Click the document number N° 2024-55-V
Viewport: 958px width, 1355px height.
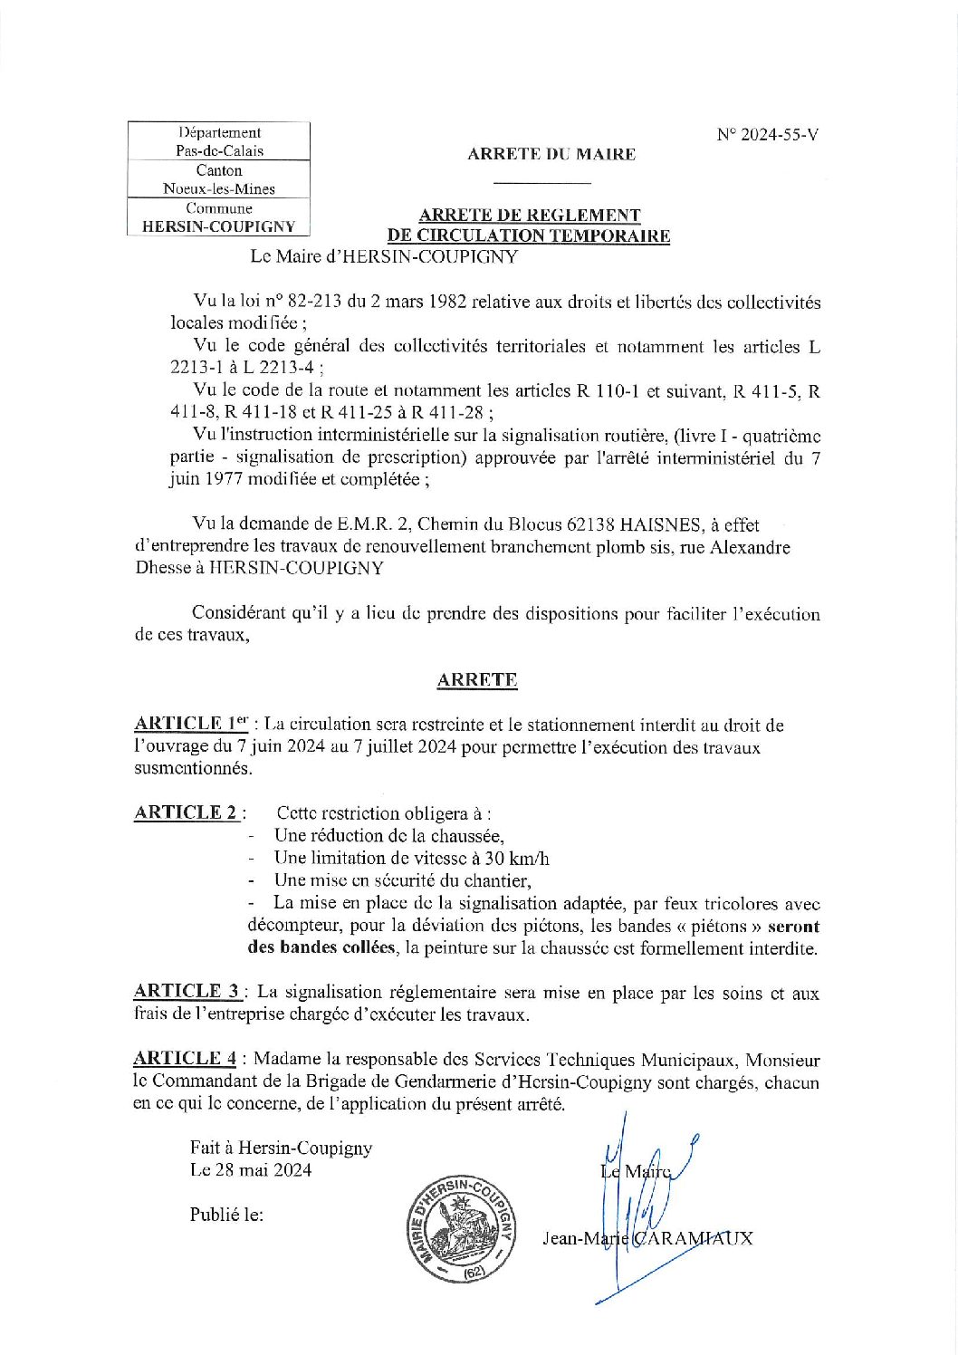[768, 135]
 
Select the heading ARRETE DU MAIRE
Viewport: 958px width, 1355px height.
[551, 154]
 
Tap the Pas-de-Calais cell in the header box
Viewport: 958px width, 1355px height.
[219, 151]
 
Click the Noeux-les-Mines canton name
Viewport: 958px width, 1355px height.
[219, 188]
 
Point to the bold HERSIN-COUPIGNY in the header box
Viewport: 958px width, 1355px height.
[219, 226]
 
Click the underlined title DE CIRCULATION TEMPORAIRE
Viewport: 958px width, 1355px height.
[529, 236]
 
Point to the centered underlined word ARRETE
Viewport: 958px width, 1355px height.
[477, 680]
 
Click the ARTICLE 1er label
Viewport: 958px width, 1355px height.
[190, 724]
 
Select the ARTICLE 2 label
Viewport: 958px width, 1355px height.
[186, 812]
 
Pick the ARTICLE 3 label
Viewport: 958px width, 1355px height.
[187, 991]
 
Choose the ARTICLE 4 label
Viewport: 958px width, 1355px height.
[186, 1058]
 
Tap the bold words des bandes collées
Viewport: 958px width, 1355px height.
[321, 948]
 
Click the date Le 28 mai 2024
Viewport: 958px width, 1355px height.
[251, 1169]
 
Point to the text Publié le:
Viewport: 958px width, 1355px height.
[226, 1215]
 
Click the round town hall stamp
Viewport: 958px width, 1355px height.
[461, 1229]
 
